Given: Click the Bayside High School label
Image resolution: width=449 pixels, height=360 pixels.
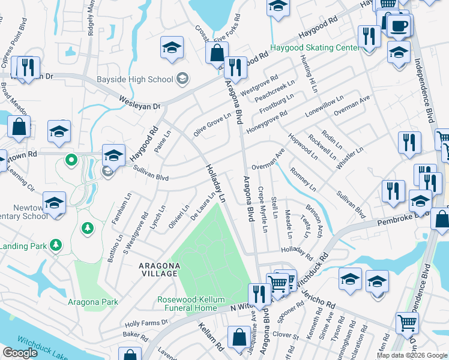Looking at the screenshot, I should click(x=135, y=79).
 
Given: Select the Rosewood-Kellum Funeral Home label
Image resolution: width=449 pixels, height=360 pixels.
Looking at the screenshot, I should click(x=187, y=304).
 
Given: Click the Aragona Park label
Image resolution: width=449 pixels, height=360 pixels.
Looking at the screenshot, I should click(x=93, y=302).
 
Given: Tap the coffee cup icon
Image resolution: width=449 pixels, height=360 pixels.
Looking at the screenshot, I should click(x=399, y=26).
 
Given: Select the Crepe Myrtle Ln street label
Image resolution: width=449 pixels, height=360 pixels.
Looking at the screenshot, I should click(x=262, y=210).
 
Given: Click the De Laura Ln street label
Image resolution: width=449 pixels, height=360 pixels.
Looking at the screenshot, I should click(x=203, y=206).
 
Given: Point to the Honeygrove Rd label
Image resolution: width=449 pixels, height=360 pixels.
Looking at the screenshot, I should click(x=267, y=121).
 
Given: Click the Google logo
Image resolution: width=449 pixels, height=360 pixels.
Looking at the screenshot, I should click(x=19, y=353).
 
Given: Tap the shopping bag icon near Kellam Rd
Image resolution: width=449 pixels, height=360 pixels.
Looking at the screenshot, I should click(x=239, y=338).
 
